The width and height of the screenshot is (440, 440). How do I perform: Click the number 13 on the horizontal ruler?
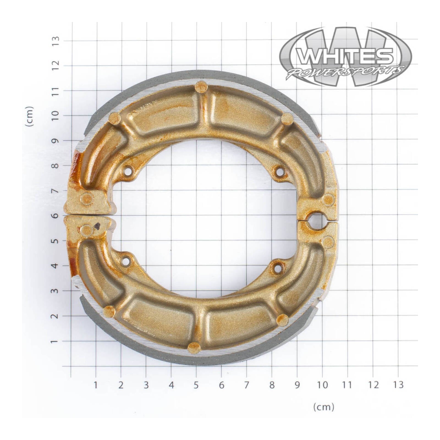(398, 385)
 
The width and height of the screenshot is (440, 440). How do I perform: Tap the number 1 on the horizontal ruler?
(95, 385)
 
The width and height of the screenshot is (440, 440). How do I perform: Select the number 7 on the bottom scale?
(246, 385)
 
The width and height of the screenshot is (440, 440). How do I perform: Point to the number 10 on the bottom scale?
(322, 385)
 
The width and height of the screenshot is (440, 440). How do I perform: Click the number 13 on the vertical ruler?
(56, 41)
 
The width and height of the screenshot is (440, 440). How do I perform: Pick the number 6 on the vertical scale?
(56, 215)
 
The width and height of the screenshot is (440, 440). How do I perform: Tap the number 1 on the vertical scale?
(56, 341)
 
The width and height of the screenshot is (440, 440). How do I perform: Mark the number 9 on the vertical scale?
(56, 141)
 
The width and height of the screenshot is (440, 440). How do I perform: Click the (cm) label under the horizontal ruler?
(324, 407)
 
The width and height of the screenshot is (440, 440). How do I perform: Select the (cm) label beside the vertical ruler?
(29, 116)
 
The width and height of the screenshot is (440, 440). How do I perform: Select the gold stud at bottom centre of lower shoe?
(194, 348)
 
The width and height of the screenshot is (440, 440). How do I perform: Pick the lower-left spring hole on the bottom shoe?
(126, 261)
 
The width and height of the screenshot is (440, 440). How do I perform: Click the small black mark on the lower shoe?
(97, 226)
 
